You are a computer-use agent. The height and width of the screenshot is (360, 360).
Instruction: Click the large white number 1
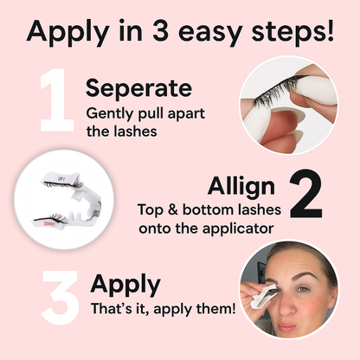tap(58, 100)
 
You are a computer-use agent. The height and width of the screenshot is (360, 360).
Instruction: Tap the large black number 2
tap(305, 194)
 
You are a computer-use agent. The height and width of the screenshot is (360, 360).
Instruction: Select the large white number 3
tap(60, 297)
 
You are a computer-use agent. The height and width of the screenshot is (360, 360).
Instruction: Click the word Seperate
tap(138, 88)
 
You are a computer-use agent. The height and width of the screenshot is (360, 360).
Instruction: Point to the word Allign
tap(241, 187)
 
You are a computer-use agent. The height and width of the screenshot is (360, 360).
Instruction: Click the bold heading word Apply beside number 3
tap(125, 285)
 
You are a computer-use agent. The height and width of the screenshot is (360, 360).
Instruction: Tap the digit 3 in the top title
tap(161, 30)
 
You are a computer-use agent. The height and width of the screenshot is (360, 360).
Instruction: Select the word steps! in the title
tap(292, 31)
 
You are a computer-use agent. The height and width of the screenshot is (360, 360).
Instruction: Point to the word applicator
tap(238, 228)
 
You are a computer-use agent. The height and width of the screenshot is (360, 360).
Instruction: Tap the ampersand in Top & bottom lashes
tap(172, 209)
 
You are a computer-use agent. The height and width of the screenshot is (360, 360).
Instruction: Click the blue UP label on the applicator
tap(61, 179)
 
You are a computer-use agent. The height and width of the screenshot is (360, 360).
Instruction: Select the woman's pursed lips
tap(286, 327)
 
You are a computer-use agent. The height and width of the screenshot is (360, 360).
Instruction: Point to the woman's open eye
tap(304, 289)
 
